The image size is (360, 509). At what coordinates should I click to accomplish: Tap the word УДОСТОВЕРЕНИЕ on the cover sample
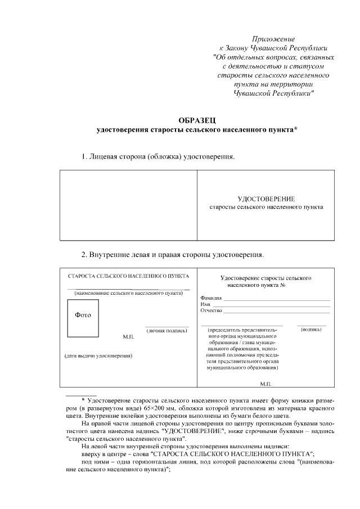(x=266, y=199)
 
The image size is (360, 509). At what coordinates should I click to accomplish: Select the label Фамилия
(x=211, y=298)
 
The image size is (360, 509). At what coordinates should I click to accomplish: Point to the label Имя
(x=205, y=304)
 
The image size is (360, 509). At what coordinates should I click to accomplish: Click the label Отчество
(x=211, y=310)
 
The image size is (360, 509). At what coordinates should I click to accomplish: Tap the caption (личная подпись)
(x=166, y=331)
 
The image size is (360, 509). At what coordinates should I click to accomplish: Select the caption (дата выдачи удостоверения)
(x=98, y=356)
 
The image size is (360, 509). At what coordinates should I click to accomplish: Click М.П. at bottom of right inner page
(x=266, y=383)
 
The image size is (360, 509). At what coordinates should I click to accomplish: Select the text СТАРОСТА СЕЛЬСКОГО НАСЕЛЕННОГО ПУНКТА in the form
(x=128, y=276)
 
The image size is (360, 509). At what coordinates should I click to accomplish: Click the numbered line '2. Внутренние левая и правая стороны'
(x=172, y=254)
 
